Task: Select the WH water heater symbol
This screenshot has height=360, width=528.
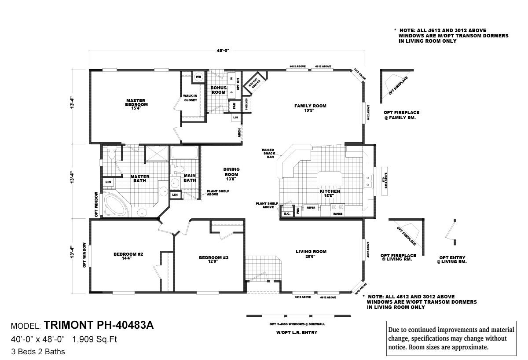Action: (198, 77)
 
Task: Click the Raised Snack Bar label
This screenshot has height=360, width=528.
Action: (268, 153)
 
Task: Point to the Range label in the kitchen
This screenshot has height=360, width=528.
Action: (338, 214)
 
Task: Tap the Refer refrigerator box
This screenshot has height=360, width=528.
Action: (311, 207)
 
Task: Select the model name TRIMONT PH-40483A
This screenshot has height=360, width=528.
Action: (99, 326)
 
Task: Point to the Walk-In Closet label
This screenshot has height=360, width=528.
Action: (191, 98)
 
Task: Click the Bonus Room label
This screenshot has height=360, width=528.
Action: (218, 90)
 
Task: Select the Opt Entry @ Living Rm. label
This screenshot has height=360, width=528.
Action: (451, 260)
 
